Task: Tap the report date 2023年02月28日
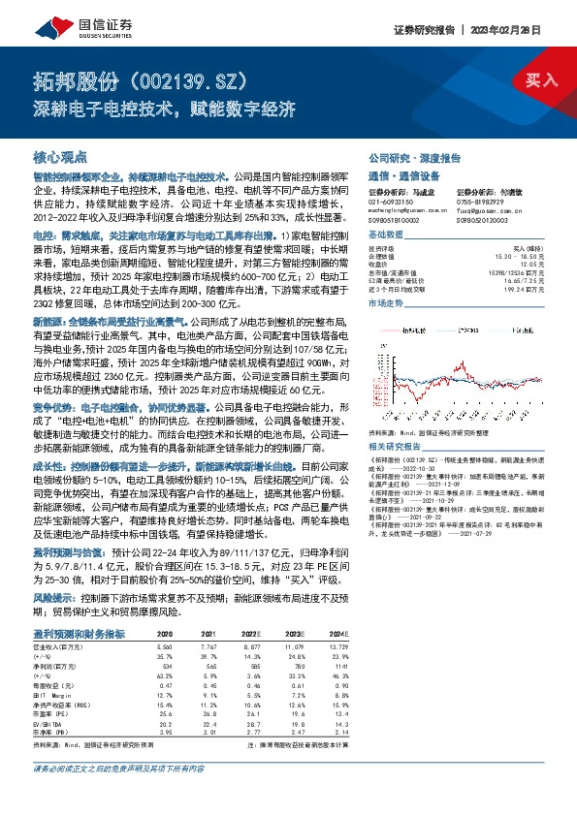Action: click(529, 31)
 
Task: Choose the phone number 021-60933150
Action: click(390, 201)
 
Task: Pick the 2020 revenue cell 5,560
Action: click(164, 644)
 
